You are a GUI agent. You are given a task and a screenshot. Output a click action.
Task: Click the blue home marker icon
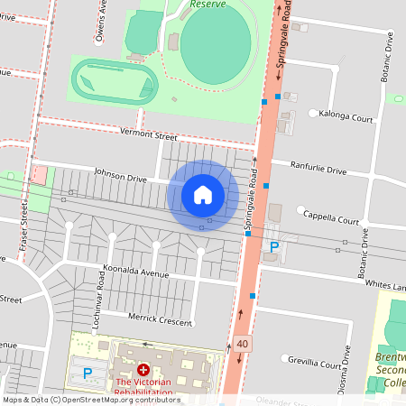tap(203, 195)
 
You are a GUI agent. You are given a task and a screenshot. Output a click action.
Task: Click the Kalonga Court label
tap(347, 117)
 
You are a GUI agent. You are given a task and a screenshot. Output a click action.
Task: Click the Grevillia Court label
tap(316, 364)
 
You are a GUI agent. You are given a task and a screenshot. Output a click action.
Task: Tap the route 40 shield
tap(243, 343)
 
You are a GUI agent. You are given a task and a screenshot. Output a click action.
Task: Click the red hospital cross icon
tap(143, 370)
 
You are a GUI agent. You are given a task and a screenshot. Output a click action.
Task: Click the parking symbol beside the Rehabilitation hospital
tap(88, 372)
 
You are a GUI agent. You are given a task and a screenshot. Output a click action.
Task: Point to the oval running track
tap(115, 81)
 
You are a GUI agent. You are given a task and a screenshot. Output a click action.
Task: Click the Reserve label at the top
tap(207, 5)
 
